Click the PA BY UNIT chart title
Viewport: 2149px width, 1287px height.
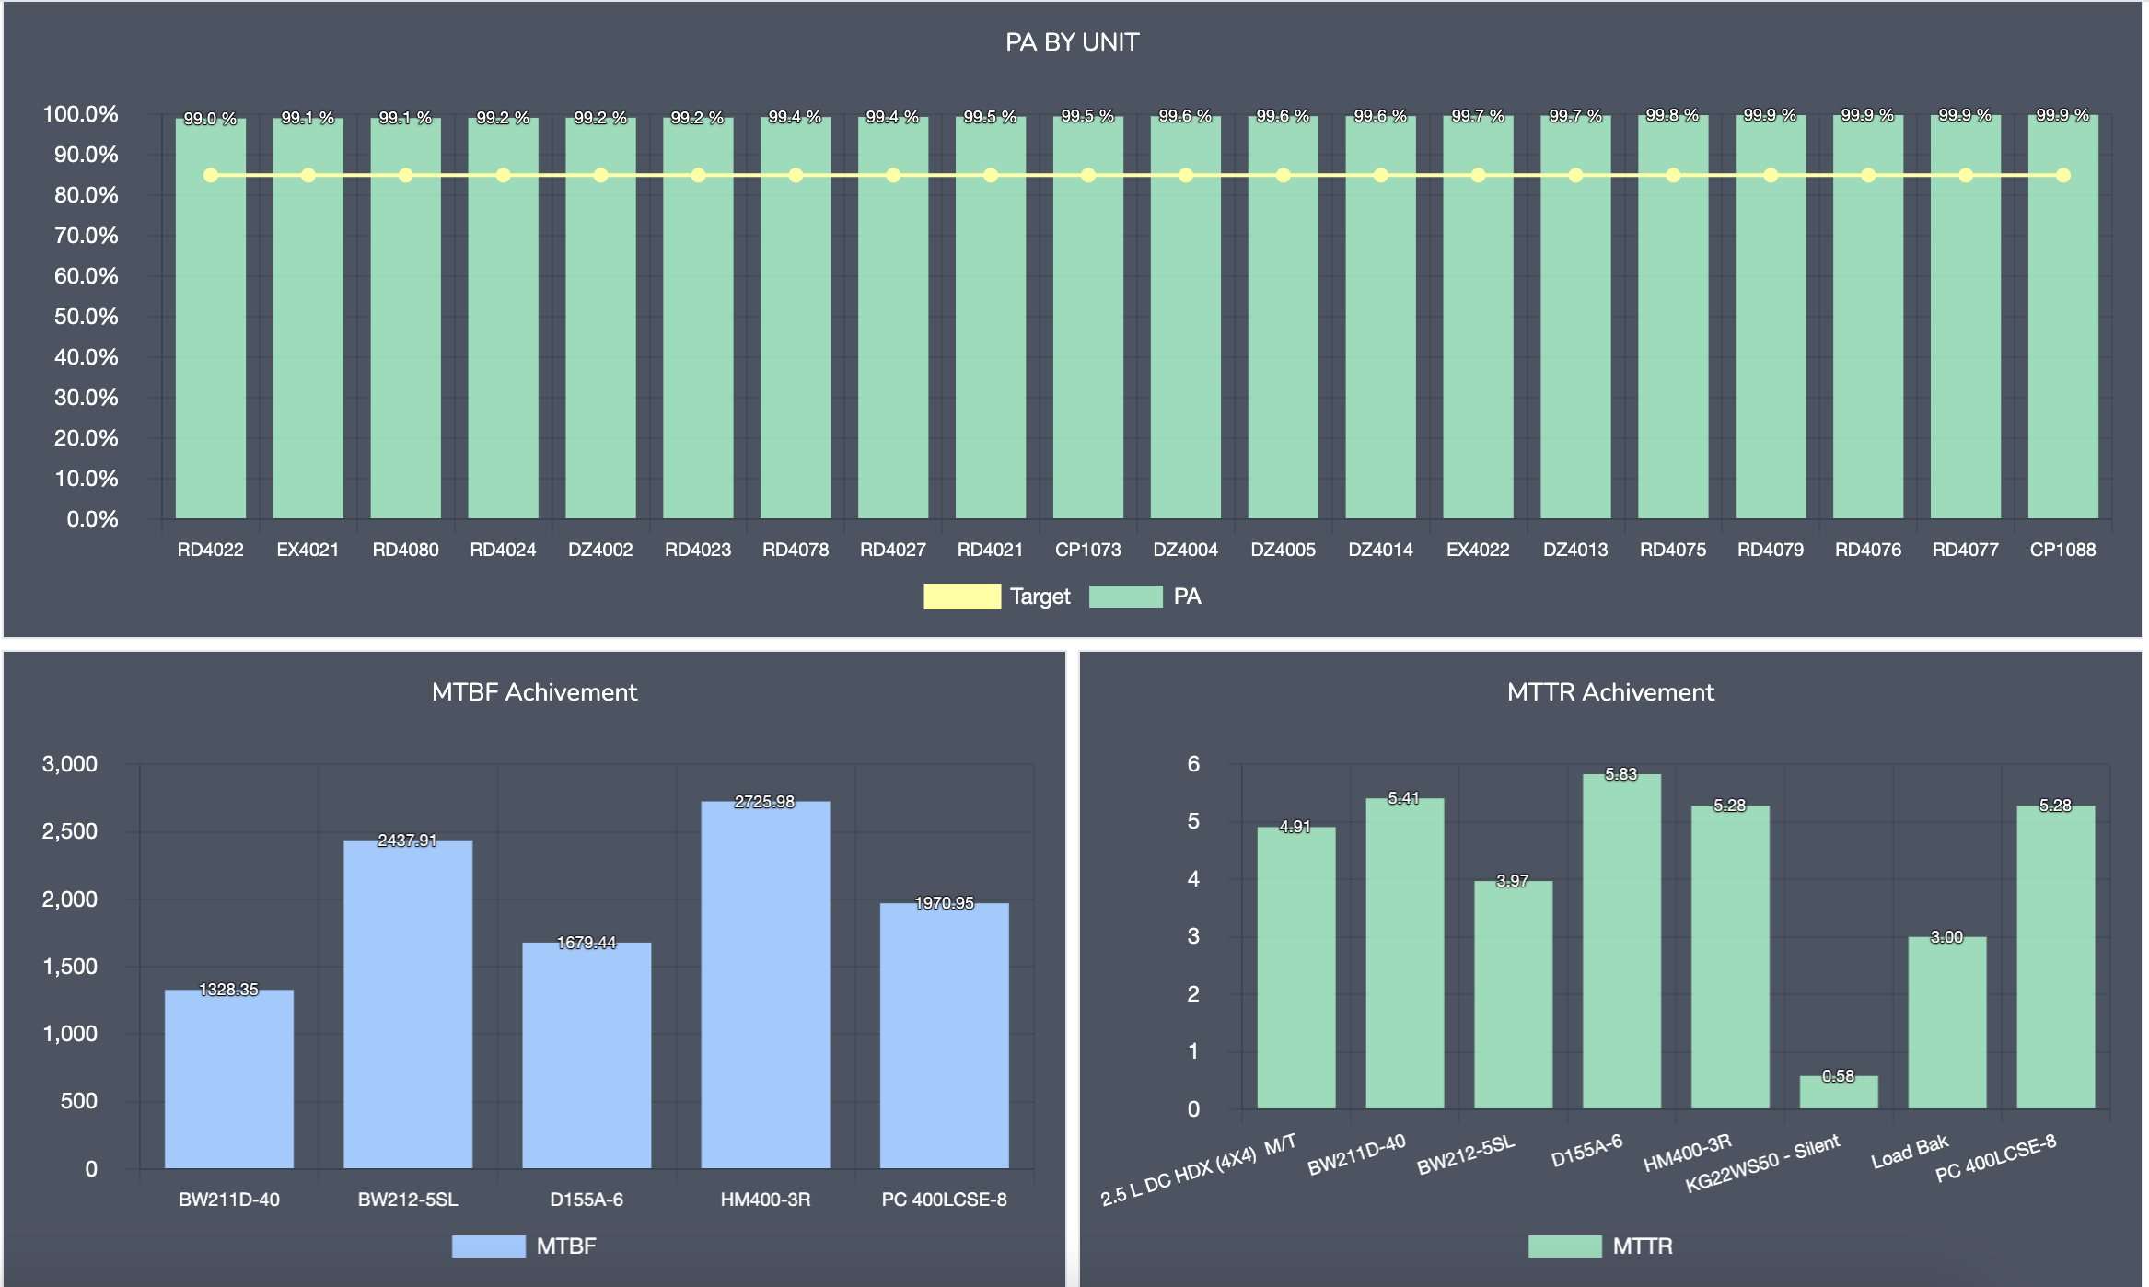(x=1072, y=42)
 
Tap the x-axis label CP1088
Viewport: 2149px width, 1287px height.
(x=2062, y=550)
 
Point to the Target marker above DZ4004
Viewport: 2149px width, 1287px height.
(x=1186, y=175)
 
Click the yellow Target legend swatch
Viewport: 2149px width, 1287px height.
(x=961, y=597)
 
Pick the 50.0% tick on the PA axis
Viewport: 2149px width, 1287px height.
(x=86, y=317)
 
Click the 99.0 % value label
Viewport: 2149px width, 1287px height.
(x=210, y=119)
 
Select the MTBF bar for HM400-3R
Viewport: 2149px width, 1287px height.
(x=765, y=985)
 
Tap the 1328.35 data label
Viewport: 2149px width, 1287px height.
(x=228, y=990)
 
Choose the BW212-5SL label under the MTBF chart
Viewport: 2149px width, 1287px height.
(x=407, y=1200)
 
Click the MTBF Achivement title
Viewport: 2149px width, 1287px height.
(x=534, y=692)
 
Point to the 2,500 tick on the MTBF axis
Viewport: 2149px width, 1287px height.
(x=70, y=831)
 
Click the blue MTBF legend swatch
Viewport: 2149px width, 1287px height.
(x=488, y=1246)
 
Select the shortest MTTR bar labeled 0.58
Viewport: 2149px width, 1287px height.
(x=1838, y=1093)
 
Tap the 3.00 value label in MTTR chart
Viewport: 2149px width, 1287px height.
(x=1946, y=937)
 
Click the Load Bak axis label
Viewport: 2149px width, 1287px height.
(x=1910, y=1153)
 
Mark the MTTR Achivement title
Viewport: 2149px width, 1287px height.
(x=1610, y=692)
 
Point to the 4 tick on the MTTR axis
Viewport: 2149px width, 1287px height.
(x=1193, y=879)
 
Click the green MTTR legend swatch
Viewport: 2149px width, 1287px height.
(x=1564, y=1246)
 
